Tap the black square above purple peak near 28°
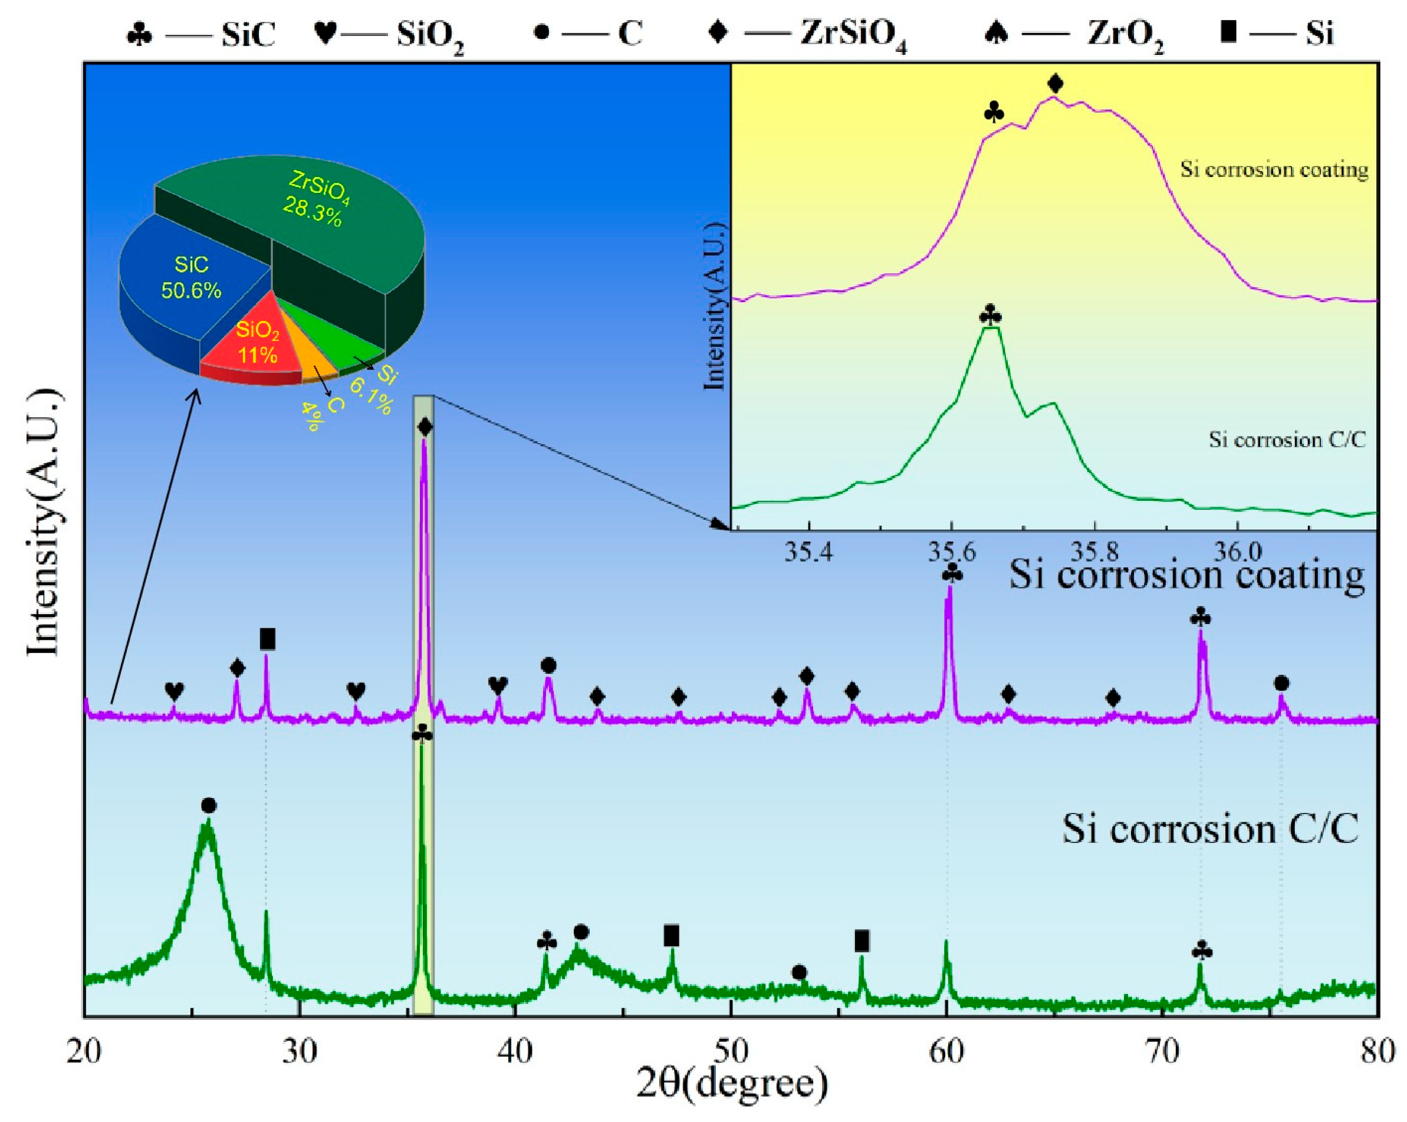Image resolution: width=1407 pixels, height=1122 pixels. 268,639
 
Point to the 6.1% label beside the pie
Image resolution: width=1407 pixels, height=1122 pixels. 371,398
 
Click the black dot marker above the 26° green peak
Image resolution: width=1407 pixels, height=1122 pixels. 208,806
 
